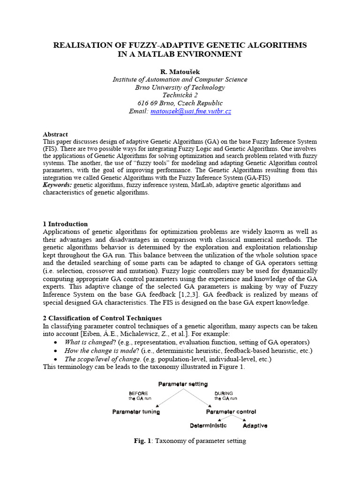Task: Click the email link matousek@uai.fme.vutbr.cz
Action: (190, 112)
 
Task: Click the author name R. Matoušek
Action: (180, 71)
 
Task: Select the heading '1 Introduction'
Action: (65, 224)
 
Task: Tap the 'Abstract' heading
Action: (55, 134)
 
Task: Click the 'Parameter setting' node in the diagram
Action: (183, 384)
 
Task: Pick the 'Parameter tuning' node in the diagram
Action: (136, 412)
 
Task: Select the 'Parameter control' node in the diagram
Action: (231, 412)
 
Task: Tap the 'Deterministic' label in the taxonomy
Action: (208, 426)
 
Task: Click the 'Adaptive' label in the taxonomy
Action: (255, 426)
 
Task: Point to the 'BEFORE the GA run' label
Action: (139, 396)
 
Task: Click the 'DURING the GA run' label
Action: (225, 396)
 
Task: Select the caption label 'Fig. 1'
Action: (140, 441)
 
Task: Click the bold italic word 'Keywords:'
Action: (58, 185)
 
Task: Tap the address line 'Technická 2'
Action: (180, 95)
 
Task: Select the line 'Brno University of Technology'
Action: (180, 87)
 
